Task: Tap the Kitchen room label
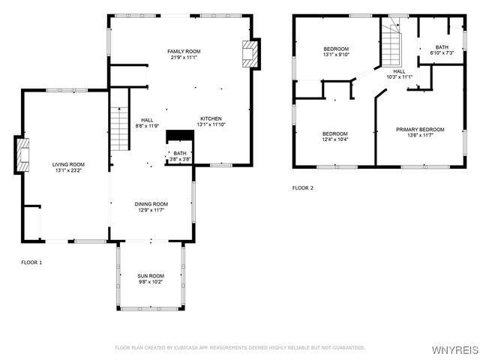(210, 118)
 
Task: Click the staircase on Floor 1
(120, 127)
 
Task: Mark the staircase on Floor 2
(392, 46)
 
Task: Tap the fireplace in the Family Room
(249, 53)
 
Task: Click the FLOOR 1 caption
(31, 262)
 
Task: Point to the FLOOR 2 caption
(303, 187)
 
